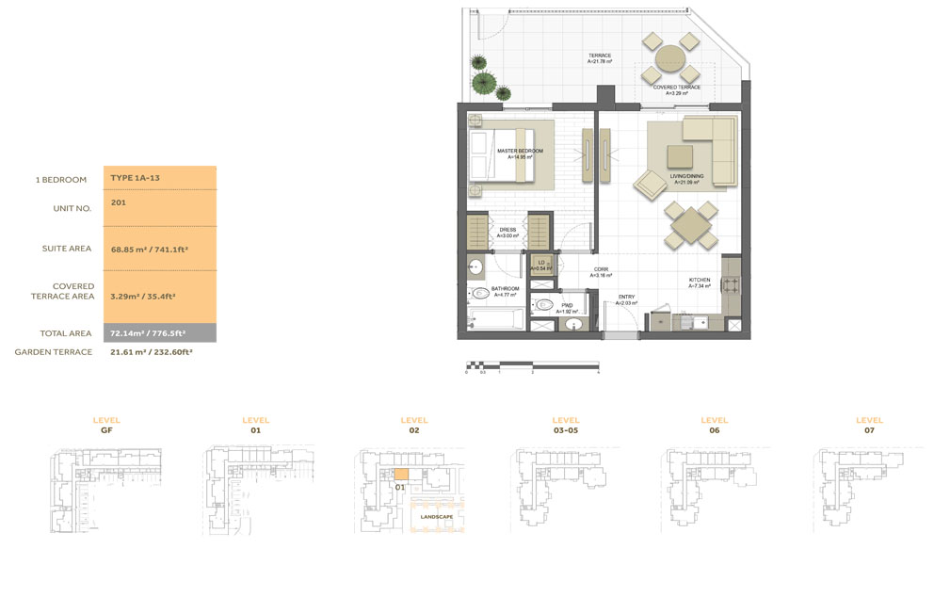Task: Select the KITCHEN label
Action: click(699, 280)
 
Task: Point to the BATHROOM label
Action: click(504, 289)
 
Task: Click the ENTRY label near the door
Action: click(626, 298)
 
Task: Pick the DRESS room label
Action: click(507, 229)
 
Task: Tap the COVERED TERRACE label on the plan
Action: click(676, 87)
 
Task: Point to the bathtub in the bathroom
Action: click(495, 317)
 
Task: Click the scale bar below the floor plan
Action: click(532, 364)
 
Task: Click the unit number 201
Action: click(118, 202)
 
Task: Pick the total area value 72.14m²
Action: click(147, 333)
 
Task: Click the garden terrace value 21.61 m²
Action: click(151, 352)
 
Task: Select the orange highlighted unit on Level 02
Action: click(401, 476)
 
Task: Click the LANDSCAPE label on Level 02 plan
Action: click(437, 517)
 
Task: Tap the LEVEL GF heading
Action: click(106, 425)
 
